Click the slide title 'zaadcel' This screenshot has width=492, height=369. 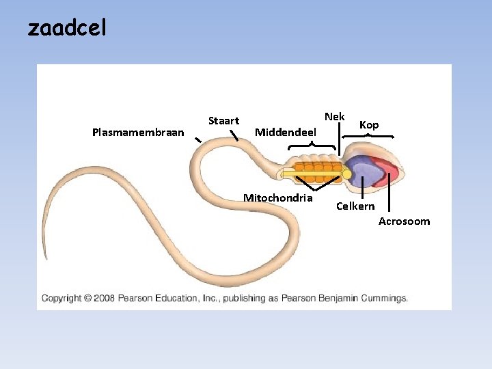click(67, 29)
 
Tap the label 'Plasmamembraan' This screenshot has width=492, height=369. click(138, 132)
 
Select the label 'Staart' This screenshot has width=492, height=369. click(223, 121)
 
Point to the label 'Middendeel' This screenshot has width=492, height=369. click(285, 131)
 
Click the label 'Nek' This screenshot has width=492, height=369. click(335, 117)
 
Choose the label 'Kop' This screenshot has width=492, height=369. click(369, 125)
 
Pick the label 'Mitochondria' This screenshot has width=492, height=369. click(278, 198)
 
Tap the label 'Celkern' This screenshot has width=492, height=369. click(355, 206)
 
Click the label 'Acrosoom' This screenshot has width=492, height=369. click(405, 221)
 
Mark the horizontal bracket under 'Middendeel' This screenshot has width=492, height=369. click(312, 146)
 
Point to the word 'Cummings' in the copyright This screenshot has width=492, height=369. click(385, 298)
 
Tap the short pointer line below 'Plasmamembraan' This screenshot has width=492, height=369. click(197, 140)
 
